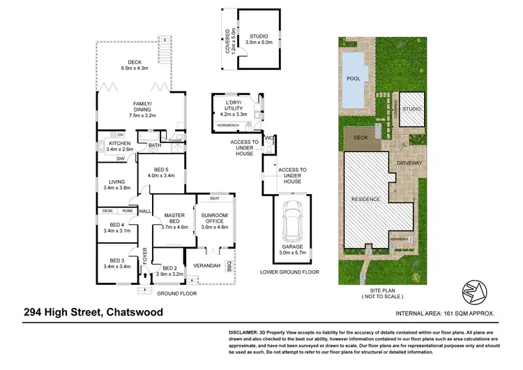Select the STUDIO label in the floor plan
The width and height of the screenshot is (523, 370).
click(259, 36)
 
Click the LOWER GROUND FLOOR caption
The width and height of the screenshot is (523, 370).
click(288, 271)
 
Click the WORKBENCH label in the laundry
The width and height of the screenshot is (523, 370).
click(228, 125)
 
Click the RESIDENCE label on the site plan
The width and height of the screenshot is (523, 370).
click(366, 199)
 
